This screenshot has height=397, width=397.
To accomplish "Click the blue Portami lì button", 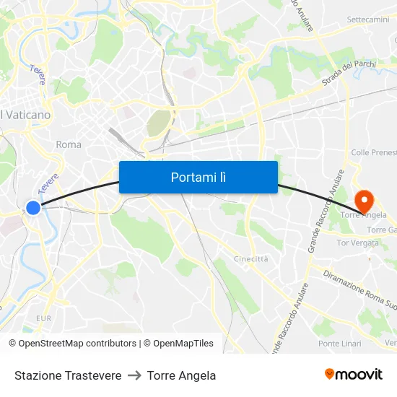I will (x=198, y=177).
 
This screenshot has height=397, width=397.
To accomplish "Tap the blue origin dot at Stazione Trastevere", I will (x=33, y=208).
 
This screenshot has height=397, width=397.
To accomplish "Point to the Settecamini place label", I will (x=367, y=19).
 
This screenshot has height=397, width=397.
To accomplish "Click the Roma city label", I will (x=69, y=144).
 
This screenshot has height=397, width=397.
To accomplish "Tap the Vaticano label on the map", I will (x=26, y=115).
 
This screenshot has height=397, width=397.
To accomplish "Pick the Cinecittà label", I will (x=250, y=258).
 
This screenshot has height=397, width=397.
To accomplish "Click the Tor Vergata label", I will (x=357, y=243).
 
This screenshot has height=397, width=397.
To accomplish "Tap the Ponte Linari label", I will (x=339, y=344).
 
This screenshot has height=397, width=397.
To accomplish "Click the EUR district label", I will (x=43, y=318).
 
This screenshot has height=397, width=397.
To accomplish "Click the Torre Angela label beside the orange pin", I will (x=360, y=215).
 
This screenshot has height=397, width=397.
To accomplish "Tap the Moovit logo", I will (x=353, y=375).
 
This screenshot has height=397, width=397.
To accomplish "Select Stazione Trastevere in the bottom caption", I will (x=68, y=375).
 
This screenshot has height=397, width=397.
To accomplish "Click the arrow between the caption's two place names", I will (x=134, y=375).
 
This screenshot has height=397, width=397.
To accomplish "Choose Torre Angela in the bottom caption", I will (x=181, y=375).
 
